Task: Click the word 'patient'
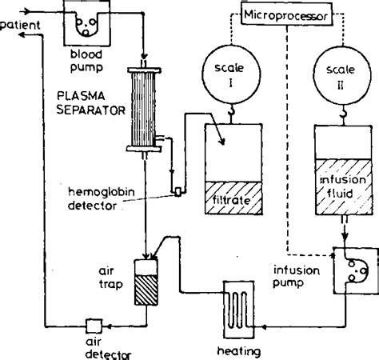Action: tap(18, 24)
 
